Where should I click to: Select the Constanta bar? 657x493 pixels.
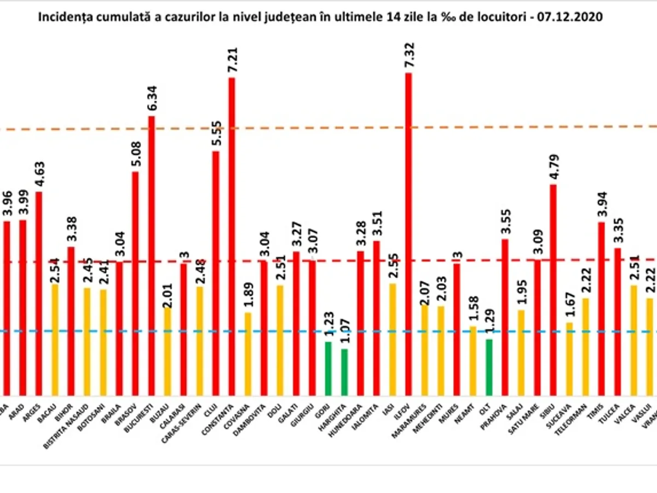232,236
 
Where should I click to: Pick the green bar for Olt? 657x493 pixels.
488,366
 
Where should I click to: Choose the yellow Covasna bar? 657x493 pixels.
248,353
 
